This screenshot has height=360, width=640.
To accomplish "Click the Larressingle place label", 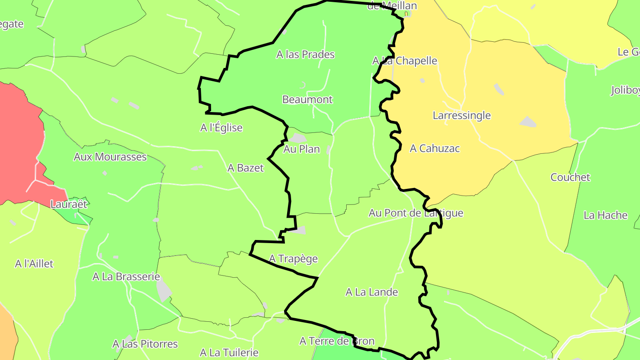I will pyautogui.click(x=462, y=116).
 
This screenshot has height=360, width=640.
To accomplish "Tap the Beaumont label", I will pyautogui.click(x=307, y=99).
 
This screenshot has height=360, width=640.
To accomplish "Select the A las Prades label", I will pyautogui.click(x=305, y=55).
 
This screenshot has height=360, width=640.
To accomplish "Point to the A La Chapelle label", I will pyautogui.click(x=404, y=61).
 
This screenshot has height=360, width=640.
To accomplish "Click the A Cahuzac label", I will pyautogui.click(x=435, y=148).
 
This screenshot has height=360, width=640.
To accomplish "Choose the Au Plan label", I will pyautogui.click(x=301, y=149).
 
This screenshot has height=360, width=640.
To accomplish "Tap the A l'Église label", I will pyautogui.click(x=221, y=128).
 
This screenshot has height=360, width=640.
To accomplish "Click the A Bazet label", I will pyautogui.click(x=245, y=168).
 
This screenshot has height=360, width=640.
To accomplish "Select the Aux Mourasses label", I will pyautogui.click(x=110, y=157).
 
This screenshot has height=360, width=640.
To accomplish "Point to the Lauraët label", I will pyautogui.click(x=69, y=204).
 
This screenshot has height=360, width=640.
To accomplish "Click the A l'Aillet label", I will pyautogui.click(x=34, y=264).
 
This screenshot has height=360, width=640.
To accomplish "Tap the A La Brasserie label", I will pyautogui.click(x=126, y=276).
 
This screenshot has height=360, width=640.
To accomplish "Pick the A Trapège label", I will pyautogui.click(x=293, y=259).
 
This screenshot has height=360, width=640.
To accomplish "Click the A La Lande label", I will pyautogui.click(x=372, y=292).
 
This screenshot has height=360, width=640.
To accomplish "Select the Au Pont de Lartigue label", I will pyautogui.click(x=416, y=213).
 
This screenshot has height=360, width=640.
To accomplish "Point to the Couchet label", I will pyautogui.click(x=570, y=177).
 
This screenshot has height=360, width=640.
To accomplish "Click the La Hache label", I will pyautogui.click(x=605, y=216).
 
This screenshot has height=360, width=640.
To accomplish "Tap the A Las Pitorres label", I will pyautogui.click(x=145, y=344).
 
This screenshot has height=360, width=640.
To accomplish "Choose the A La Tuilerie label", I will pyautogui.click(x=229, y=353).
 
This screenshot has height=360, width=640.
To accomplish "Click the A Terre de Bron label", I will pyautogui.click(x=337, y=341).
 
